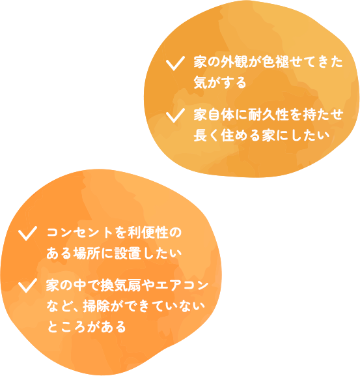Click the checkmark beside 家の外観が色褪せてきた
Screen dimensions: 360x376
[x=174, y=64]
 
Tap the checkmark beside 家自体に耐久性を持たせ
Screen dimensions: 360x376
[x=174, y=116]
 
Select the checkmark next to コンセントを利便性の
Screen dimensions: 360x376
[x=27, y=234]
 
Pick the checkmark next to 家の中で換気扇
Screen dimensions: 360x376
[x=27, y=286]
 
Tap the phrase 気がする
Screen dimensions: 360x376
[x=220, y=83]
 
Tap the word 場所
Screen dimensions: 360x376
[x=86, y=253]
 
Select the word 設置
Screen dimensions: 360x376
[x=127, y=253]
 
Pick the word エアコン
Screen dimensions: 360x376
[x=182, y=285]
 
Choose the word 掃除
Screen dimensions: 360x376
[x=97, y=306]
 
